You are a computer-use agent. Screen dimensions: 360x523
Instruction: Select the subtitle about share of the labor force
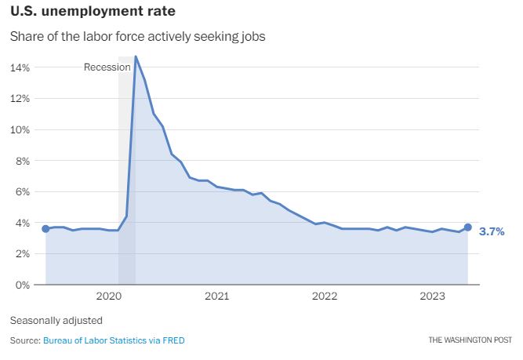click(137, 37)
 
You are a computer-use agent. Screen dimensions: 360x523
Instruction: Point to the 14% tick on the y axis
click(20, 67)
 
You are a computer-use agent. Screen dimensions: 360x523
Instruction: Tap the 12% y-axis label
click(20, 99)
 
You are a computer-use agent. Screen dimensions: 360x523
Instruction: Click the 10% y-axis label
click(20, 129)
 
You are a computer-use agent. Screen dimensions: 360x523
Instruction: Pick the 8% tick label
click(22, 161)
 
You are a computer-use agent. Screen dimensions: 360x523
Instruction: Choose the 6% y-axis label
click(22, 191)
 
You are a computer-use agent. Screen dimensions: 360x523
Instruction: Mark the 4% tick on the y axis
click(22, 223)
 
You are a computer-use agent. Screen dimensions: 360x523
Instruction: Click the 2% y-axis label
click(22, 253)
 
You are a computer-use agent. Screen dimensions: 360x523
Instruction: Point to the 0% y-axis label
click(22, 285)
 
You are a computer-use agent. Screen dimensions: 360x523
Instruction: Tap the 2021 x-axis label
click(216, 296)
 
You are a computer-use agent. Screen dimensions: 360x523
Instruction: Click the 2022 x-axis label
click(325, 296)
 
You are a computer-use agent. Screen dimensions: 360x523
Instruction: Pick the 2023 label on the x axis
click(432, 296)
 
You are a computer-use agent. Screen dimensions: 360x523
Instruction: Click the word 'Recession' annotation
click(107, 67)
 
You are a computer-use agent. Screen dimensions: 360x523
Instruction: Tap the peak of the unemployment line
click(136, 56)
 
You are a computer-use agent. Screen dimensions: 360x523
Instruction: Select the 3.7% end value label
click(492, 231)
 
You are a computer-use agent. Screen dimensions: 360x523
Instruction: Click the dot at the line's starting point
click(45, 228)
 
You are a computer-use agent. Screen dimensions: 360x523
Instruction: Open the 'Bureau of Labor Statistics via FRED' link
click(114, 340)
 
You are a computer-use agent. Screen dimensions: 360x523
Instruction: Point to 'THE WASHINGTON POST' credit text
click(469, 340)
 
